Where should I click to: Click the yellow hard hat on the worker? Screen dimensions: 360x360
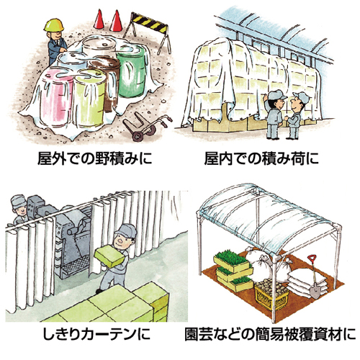tap(54, 24)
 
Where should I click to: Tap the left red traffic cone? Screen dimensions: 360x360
tap(99, 19)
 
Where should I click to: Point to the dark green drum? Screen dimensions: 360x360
tap(132, 71)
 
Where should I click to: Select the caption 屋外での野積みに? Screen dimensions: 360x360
tap(95, 158)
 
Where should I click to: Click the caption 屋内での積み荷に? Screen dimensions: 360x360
tap(261, 158)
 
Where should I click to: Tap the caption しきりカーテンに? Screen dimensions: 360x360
tap(96, 334)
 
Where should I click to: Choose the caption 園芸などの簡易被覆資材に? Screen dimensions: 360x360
tap(270, 334)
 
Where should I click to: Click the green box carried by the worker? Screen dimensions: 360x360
tap(109, 256)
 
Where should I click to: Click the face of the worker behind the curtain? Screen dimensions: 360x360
tap(21, 211)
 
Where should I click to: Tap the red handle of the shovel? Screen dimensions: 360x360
tap(312, 258)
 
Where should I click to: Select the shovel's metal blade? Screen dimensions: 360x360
tap(315, 291)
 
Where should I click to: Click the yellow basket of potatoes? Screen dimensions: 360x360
tap(271, 293)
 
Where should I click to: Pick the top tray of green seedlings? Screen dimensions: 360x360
tap(231, 261)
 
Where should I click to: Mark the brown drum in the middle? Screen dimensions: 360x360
tap(107, 79)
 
